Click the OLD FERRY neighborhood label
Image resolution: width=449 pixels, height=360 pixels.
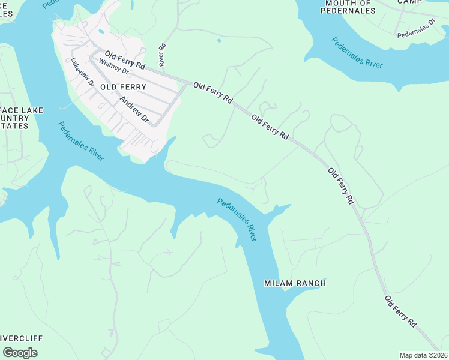(123, 88)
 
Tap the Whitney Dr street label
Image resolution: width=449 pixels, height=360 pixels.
(114, 67)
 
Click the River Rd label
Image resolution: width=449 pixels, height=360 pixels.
(162, 55)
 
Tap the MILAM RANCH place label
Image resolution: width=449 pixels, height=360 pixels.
(295, 283)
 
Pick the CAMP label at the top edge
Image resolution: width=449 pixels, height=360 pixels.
(410, 2)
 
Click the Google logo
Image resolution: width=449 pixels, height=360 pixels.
(20, 352)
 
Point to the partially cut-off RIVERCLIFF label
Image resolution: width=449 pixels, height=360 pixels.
(21, 338)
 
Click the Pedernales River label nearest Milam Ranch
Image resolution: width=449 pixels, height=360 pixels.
(237, 220)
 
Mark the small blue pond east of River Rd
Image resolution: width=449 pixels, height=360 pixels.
(219, 41)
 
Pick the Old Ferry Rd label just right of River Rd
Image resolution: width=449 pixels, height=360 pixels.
(212, 94)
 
